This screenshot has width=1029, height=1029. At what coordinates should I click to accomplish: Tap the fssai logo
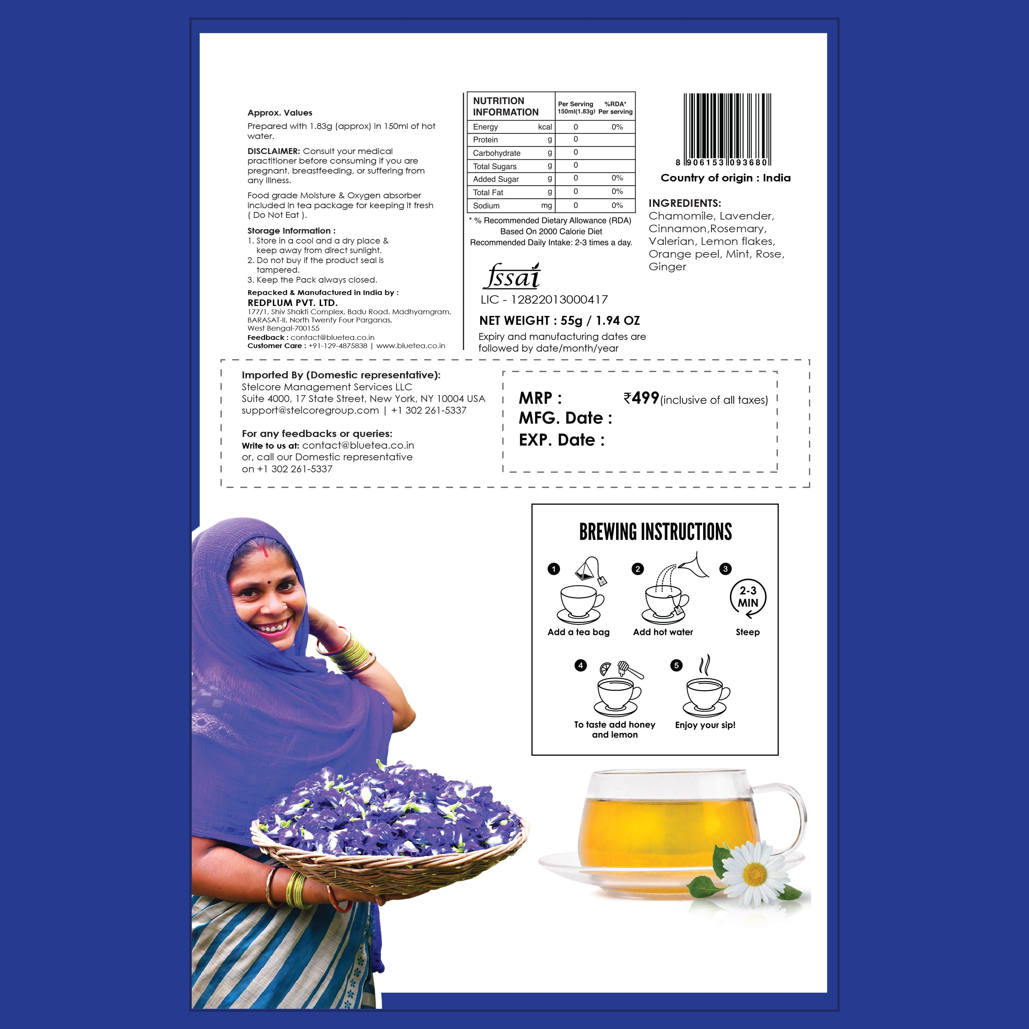[512, 276]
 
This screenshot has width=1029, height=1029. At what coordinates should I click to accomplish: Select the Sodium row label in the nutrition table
[486, 205]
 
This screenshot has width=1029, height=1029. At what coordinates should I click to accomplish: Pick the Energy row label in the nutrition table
[485, 127]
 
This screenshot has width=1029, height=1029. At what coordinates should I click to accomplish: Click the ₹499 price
[641, 398]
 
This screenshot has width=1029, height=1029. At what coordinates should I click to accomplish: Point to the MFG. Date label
[565, 418]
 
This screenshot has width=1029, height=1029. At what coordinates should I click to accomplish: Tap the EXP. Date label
[561, 440]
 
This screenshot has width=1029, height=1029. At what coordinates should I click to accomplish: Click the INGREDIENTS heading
[684, 203]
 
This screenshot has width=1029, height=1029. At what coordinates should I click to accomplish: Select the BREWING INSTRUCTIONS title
[655, 532]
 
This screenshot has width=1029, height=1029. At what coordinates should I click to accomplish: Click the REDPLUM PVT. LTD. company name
[292, 303]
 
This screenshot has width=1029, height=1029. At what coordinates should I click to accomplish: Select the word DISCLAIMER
[274, 151]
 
